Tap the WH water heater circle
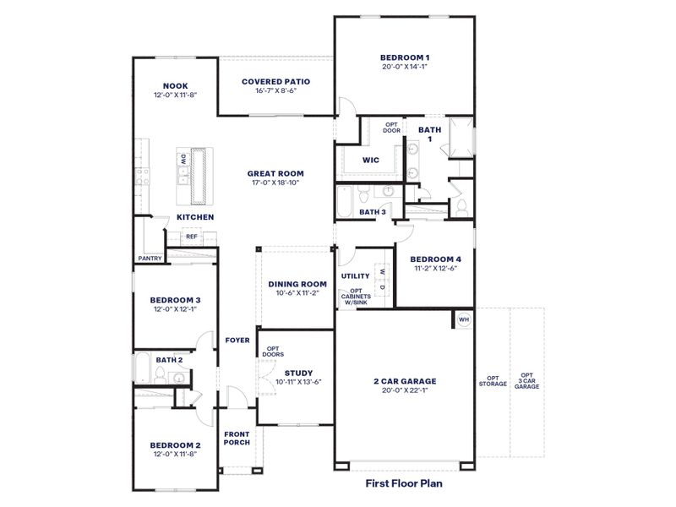click(463, 319)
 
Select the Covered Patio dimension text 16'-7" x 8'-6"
click(275, 91)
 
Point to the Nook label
click(175, 86)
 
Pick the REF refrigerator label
click(192, 237)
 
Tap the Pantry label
click(150, 259)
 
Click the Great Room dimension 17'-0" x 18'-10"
click(275, 182)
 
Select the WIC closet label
click(370, 160)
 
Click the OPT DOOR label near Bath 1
click(392, 128)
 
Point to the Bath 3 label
click(373, 212)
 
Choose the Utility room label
click(356, 276)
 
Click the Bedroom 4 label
click(435, 259)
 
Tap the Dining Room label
click(297, 285)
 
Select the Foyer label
click(237, 341)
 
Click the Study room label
click(298, 373)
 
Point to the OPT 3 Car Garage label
click(527, 380)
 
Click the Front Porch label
click(236, 439)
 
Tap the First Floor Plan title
click(404, 484)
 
